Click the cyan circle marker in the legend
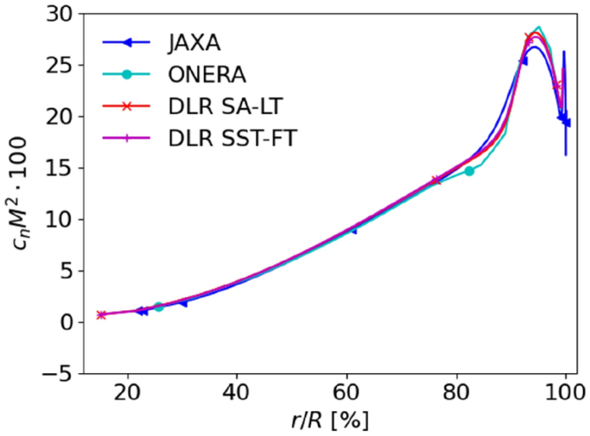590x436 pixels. point(127,74)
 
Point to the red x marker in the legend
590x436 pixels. point(127,106)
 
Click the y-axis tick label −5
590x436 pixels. point(57,373)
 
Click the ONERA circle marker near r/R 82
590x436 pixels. point(469,171)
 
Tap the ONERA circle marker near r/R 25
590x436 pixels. point(158,307)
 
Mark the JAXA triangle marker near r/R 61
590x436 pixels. point(352,229)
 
